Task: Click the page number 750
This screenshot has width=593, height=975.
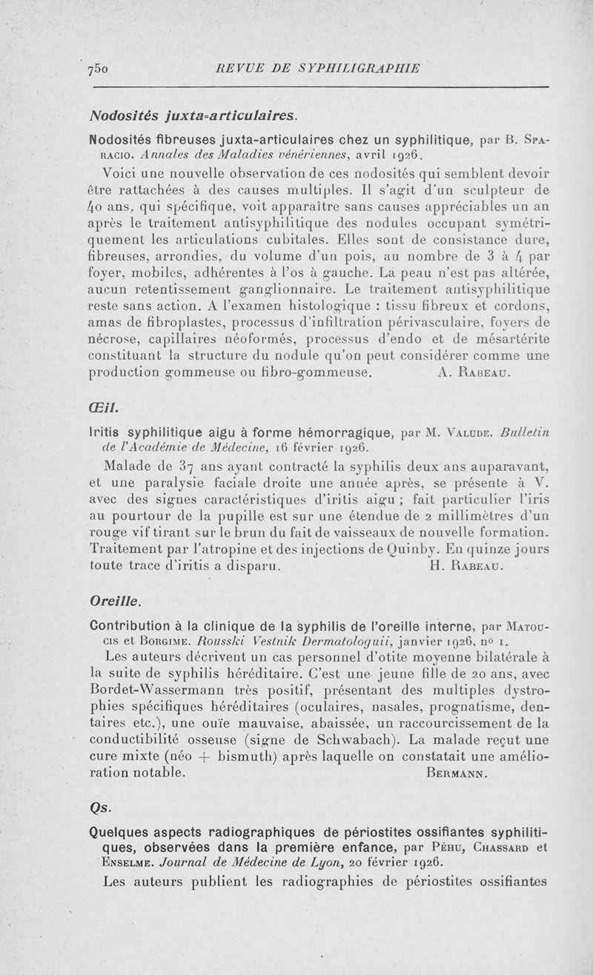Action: [x=98, y=68]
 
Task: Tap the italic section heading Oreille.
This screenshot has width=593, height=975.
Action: [x=110, y=597]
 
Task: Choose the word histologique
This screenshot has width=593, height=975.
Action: [x=283, y=304]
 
